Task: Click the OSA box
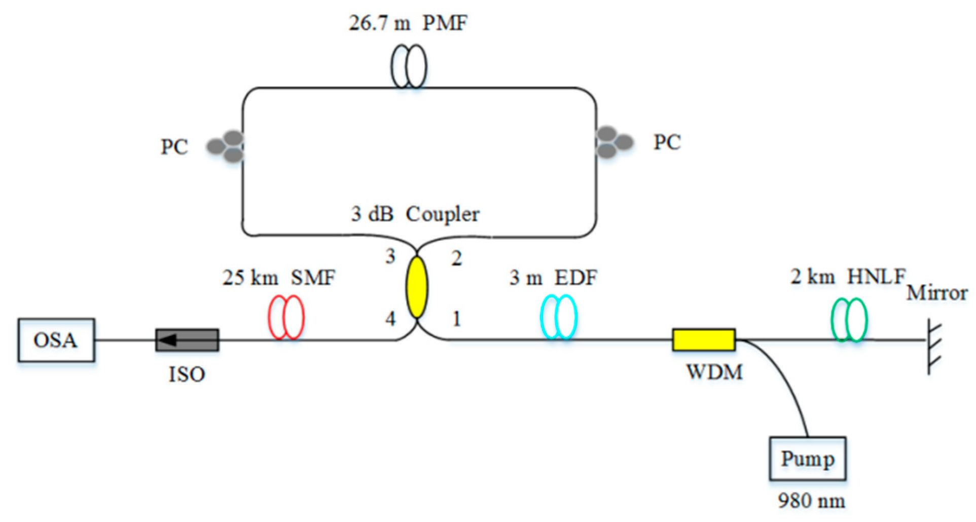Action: pos(56,340)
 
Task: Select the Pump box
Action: pos(807,459)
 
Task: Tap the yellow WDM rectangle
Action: pos(704,340)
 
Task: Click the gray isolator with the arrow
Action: pos(187,340)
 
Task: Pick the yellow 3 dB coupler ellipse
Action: pos(416,287)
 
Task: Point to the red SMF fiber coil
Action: pos(286,318)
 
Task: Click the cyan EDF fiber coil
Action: pos(558,317)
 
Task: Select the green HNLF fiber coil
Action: pos(849,320)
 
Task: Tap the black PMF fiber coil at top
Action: pos(408,66)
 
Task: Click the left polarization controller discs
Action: pos(226,146)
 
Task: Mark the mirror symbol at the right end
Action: pos(932,346)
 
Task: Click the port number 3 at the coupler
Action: pos(390,256)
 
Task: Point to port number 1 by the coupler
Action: pos(456,319)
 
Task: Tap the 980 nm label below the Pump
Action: pos(811,501)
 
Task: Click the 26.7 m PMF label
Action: pos(408,23)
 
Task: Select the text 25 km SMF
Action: pos(278,278)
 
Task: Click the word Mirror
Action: pos(936,293)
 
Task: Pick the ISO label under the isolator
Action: pos(187,375)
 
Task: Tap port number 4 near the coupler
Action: pos(390,319)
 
